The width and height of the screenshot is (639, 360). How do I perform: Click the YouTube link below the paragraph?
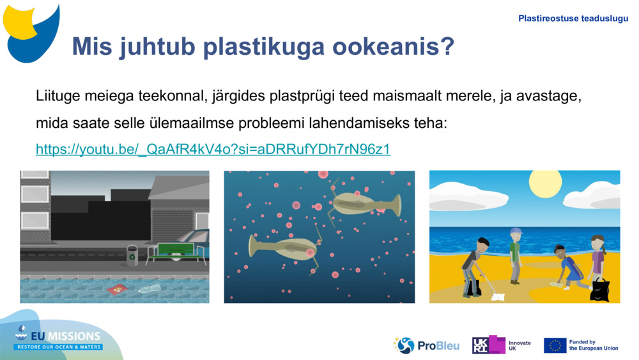point(213,149)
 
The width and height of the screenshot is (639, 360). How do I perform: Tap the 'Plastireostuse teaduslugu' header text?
point(573,19)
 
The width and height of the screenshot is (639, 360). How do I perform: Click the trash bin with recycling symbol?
point(132,255)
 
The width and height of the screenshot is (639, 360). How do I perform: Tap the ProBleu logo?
point(426,345)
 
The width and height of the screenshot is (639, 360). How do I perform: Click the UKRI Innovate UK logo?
point(501,345)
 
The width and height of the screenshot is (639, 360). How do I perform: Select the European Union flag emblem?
point(555,345)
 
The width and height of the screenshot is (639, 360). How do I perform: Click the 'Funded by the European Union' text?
point(593,345)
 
